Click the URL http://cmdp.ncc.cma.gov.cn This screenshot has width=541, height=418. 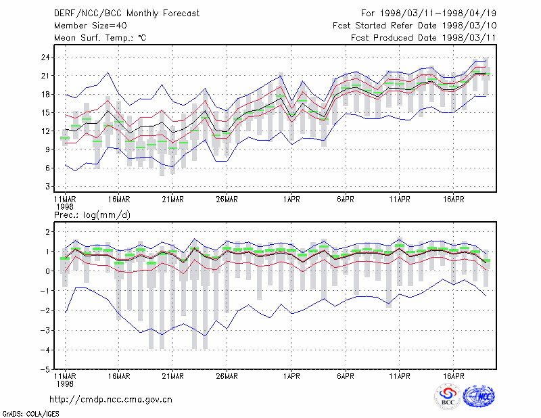[x=111, y=400]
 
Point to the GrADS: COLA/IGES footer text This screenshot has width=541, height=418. [x=30, y=414]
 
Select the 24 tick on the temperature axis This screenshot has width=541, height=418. [x=45, y=57]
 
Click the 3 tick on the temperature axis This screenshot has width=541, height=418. [x=47, y=187]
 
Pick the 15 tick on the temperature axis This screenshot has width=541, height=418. [x=45, y=113]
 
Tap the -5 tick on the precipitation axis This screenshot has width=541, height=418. [x=45, y=370]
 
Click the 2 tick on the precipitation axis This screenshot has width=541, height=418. [x=47, y=232]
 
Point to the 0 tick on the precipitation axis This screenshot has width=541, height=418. [x=47, y=271]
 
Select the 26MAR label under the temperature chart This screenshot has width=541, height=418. [x=227, y=200]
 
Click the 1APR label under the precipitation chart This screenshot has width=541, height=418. [x=291, y=376]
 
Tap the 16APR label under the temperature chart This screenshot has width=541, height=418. [x=453, y=200]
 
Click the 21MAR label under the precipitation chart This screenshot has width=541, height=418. [x=173, y=376]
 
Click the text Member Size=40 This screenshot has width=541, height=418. [x=91, y=26]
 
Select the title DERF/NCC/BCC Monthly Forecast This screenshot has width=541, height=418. [x=126, y=14]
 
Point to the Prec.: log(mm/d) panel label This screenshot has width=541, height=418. [x=92, y=215]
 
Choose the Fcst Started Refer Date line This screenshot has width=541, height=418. [x=415, y=26]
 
